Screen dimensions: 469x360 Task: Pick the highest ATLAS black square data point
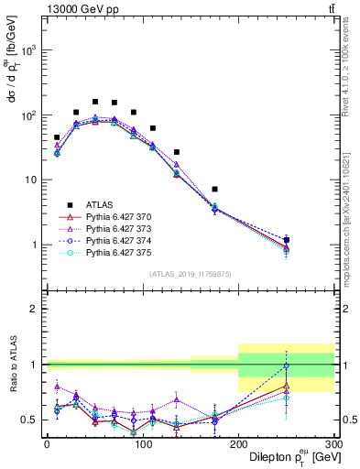coord(94,102)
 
